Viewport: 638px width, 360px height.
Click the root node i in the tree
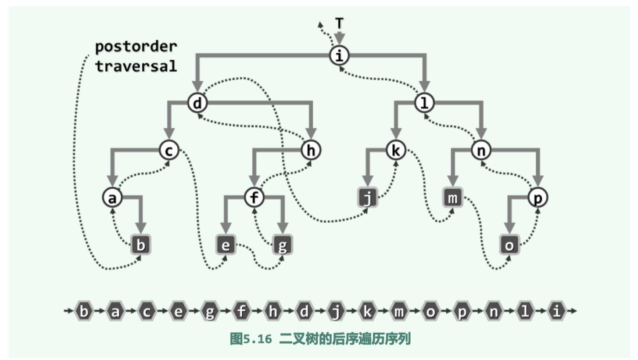[x=338, y=56]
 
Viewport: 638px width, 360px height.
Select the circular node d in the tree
[x=197, y=104]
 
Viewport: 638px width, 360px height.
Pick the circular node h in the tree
[x=311, y=151]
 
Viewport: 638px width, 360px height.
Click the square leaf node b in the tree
[x=140, y=245]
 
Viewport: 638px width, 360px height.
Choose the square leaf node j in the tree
[x=368, y=199]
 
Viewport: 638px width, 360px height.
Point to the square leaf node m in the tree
[x=452, y=199]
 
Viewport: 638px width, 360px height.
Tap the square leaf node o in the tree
[x=509, y=245]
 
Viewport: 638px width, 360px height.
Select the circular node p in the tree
[x=538, y=198]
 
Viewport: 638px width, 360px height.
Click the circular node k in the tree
[x=396, y=151]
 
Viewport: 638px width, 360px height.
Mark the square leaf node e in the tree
[x=226, y=245]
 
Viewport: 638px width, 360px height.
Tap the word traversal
[x=136, y=66]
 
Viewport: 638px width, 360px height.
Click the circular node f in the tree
[x=254, y=198]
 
